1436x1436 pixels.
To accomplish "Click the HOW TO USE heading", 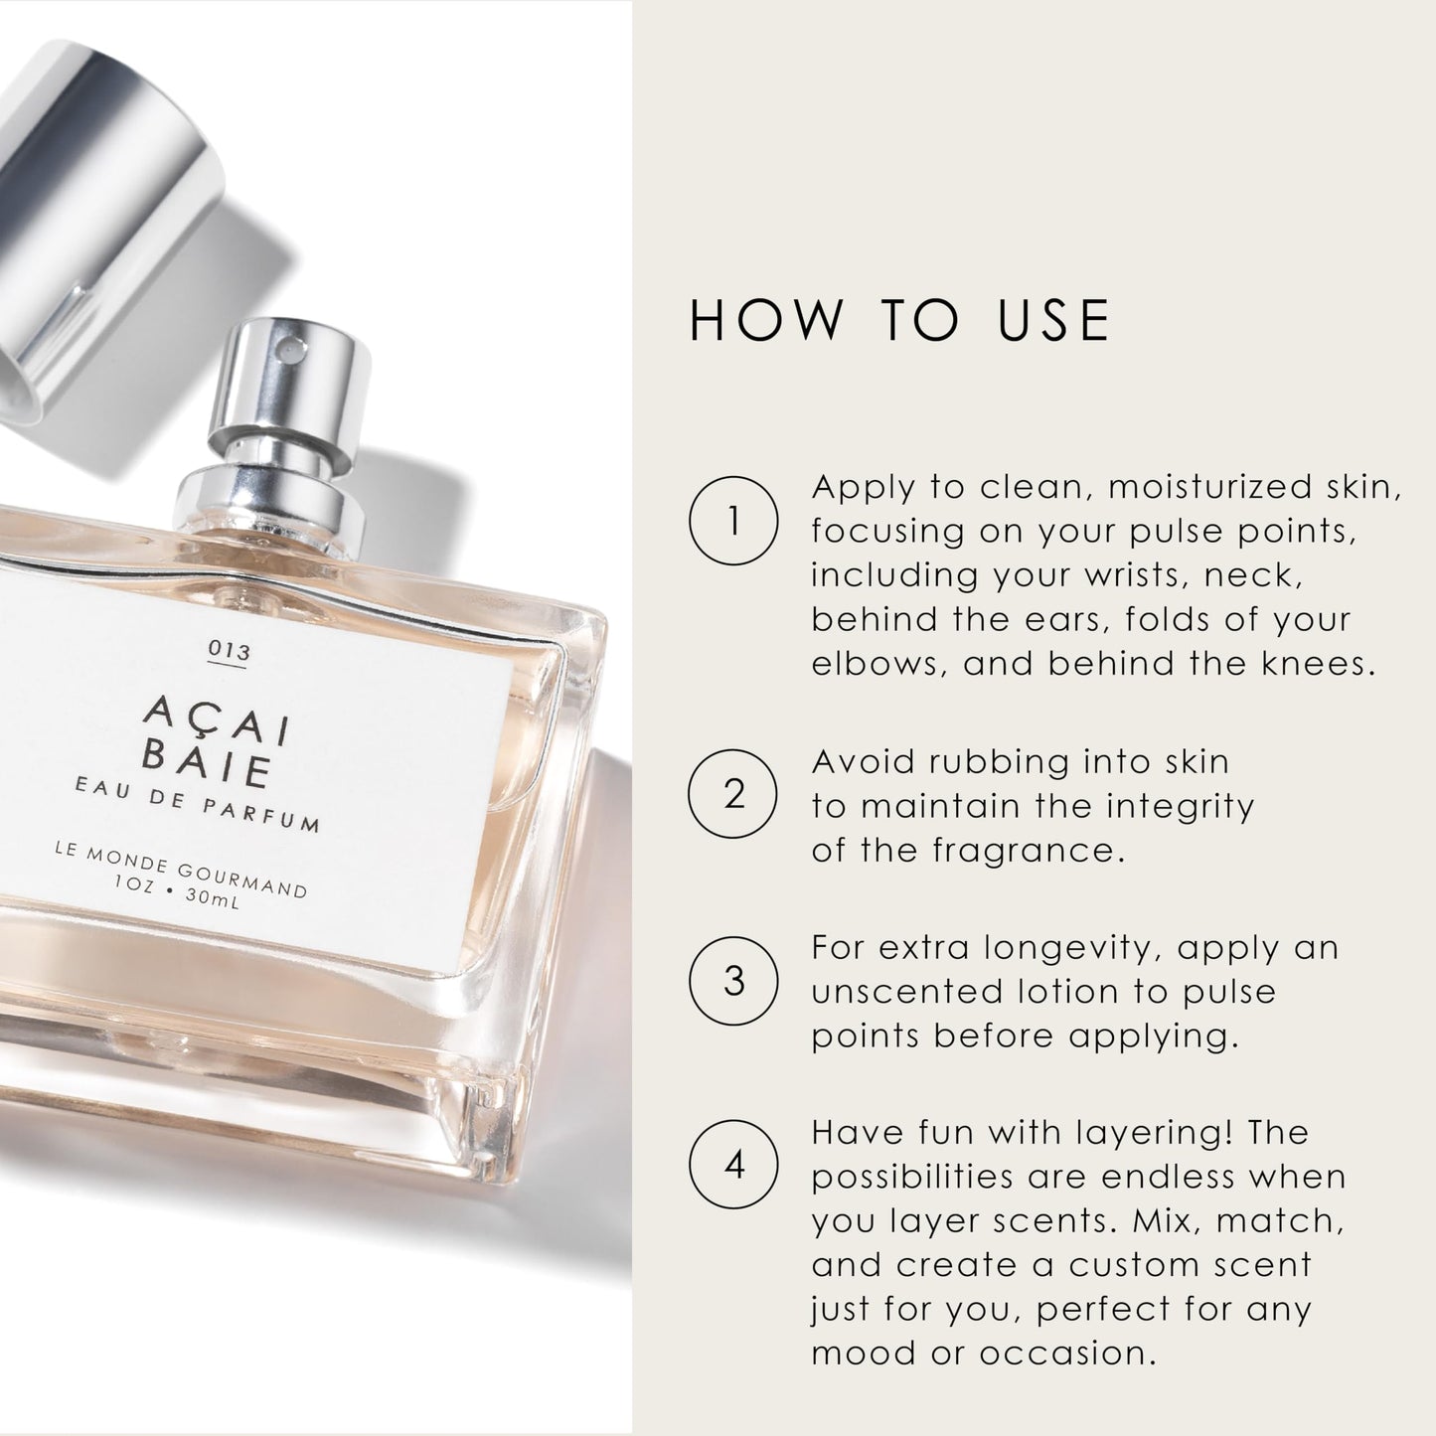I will tap(899, 321).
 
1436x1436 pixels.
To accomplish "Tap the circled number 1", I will tap(733, 521).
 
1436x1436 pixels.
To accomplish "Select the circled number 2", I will tap(733, 794).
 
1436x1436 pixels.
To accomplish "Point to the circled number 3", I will tap(733, 981).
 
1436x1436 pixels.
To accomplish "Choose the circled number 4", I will tap(733, 1165).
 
